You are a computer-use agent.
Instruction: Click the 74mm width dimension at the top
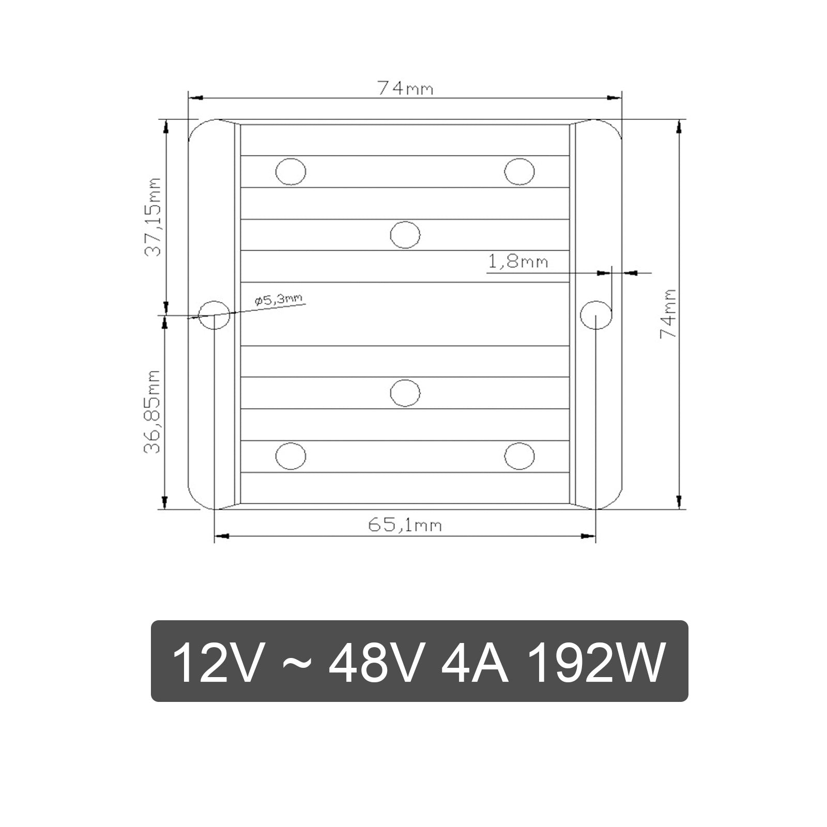[405, 88]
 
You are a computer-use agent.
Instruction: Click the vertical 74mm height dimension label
[668, 313]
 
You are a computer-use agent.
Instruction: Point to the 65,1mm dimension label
[405, 525]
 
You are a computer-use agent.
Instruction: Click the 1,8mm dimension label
[518, 262]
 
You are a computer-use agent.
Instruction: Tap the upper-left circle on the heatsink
[291, 171]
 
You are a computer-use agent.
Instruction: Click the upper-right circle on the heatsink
[519, 171]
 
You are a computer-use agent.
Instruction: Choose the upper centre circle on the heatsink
[405, 235]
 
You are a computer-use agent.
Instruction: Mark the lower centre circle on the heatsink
[405, 393]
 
